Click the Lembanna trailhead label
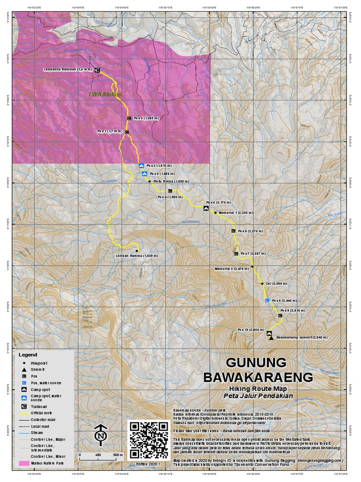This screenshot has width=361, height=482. (x=68, y=70)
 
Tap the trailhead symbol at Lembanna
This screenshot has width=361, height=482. (x=97, y=70)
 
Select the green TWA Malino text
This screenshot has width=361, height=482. (x=105, y=94)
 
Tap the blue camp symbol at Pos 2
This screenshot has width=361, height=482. (x=141, y=166)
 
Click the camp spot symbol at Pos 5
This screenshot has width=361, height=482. (x=206, y=207)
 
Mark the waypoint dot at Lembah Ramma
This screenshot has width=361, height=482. (x=137, y=250)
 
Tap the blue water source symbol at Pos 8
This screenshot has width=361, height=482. (x=267, y=300)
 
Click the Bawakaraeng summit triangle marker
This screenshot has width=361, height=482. (x=271, y=338)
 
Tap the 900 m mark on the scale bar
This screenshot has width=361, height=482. (x=117, y=455)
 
